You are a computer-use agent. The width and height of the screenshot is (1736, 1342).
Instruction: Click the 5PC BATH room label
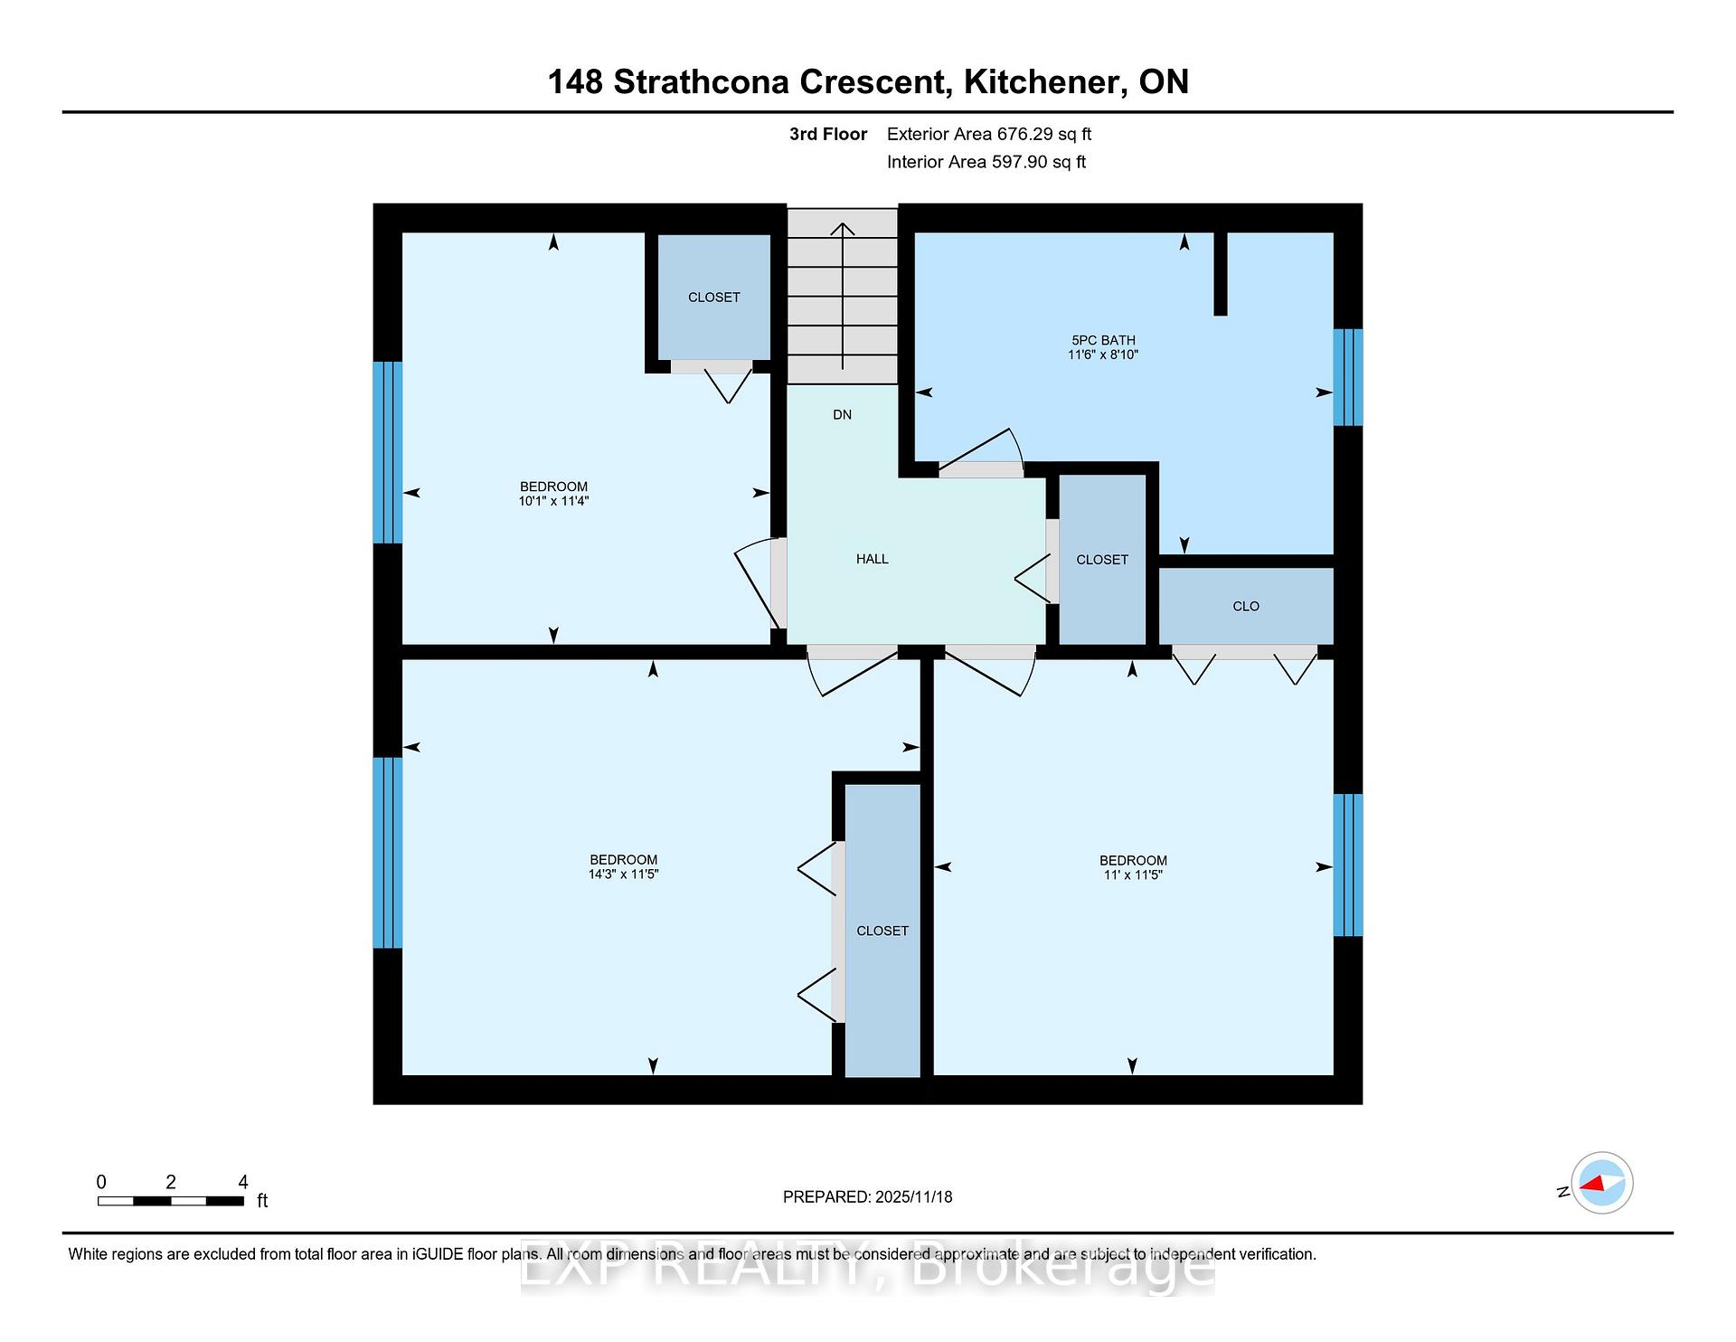[1103, 340]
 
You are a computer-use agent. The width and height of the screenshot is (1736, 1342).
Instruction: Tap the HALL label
[873, 559]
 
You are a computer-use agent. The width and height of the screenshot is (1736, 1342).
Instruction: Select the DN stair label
[842, 415]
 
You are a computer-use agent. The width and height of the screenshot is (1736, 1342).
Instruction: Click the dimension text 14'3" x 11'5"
[623, 874]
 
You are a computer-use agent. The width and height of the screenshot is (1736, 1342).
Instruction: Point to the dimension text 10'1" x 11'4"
[553, 501]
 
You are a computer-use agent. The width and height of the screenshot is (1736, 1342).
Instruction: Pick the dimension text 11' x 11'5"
[1133, 875]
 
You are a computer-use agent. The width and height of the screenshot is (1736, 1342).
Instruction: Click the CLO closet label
[1246, 607]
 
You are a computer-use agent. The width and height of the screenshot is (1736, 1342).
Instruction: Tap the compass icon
[1602, 1183]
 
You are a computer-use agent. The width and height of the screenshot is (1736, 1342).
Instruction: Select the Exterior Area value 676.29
[1025, 134]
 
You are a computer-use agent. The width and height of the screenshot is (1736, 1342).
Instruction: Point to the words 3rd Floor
[828, 134]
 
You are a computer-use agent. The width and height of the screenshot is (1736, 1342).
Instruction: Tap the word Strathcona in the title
[702, 82]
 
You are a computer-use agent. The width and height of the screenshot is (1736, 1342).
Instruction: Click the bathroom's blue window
[1348, 377]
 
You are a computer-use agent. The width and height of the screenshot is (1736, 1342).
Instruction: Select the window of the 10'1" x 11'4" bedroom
[388, 452]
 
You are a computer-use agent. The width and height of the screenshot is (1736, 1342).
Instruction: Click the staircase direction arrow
[843, 297]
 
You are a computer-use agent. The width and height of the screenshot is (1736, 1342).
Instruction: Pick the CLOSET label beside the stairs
[714, 298]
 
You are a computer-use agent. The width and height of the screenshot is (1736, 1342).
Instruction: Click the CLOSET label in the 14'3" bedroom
[882, 931]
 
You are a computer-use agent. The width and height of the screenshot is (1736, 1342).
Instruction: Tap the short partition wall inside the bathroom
[1221, 274]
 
